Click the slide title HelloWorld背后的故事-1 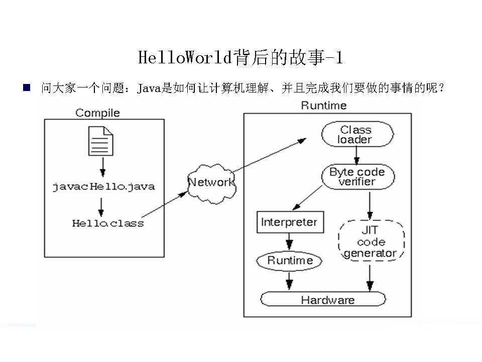[x=240, y=57]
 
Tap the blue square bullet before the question [x=27, y=88]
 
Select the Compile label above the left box [x=98, y=113]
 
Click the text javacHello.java [x=104, y=187]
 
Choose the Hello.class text [x=107, y=223]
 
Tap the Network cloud [x=211, y=183]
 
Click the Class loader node [x=357, y=135]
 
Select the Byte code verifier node [x=357, y=177]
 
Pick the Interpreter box [x=289, y=222]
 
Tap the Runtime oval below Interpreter [x=290, y=260]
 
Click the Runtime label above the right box [x=324, y=106]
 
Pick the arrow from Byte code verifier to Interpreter [x=307, y=198]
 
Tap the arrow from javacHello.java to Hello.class [x=101, y=206]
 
